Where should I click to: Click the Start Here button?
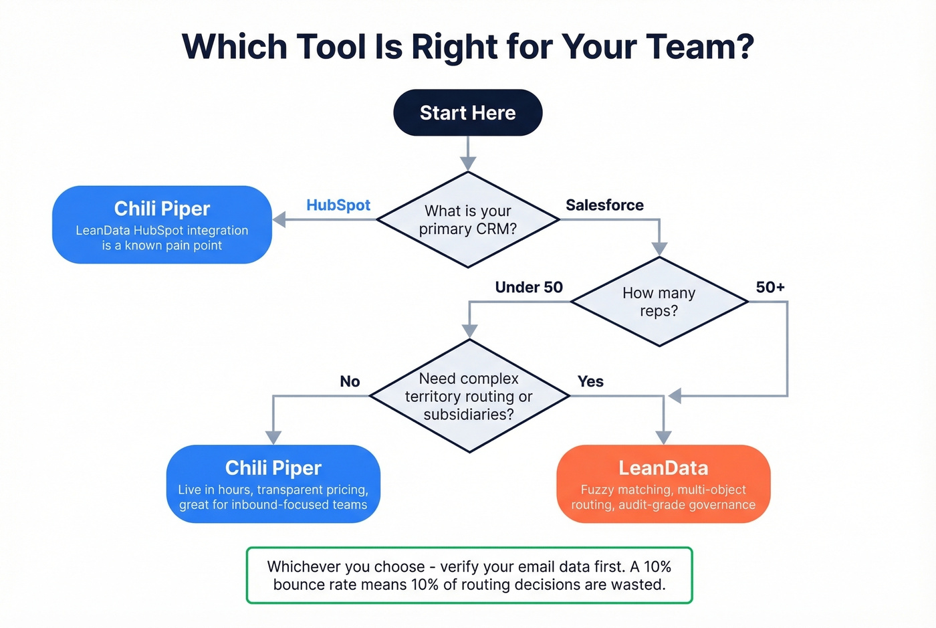pyautogui.click(x=467, y=113)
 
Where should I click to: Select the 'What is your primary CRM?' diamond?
pyautogui.click(x=467, y=220)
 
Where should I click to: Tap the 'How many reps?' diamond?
pyautogui.click(x=659, y=302)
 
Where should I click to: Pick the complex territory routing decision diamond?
pyautogui.click(x=469, y=396)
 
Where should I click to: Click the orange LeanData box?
pyautogui.click(x=663, y=484)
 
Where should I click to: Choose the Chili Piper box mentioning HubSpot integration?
pyautogui.click(x=162, y=225)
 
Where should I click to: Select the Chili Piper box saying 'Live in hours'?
pyautogui.click(x=273, y=484)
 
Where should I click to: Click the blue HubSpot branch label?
pyautogui.click(x=338, y=205)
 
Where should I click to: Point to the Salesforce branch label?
pyautogui.click(x=604, y=205)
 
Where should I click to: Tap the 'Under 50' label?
pyautogui.click(x=529, y=288)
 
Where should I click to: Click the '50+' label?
pyautogui.click(x=770, y=288)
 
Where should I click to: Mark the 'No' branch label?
pyautogui.click(x=350, y=381)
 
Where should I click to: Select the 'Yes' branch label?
pyautogui.click(x=590, y=381)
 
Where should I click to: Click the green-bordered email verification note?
pyautogui.click(x=469, y=575)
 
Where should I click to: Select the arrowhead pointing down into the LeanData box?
pyautogui.click(x=663, y=437)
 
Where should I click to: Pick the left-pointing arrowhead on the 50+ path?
pyautogui.click(x=675, y=396)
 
